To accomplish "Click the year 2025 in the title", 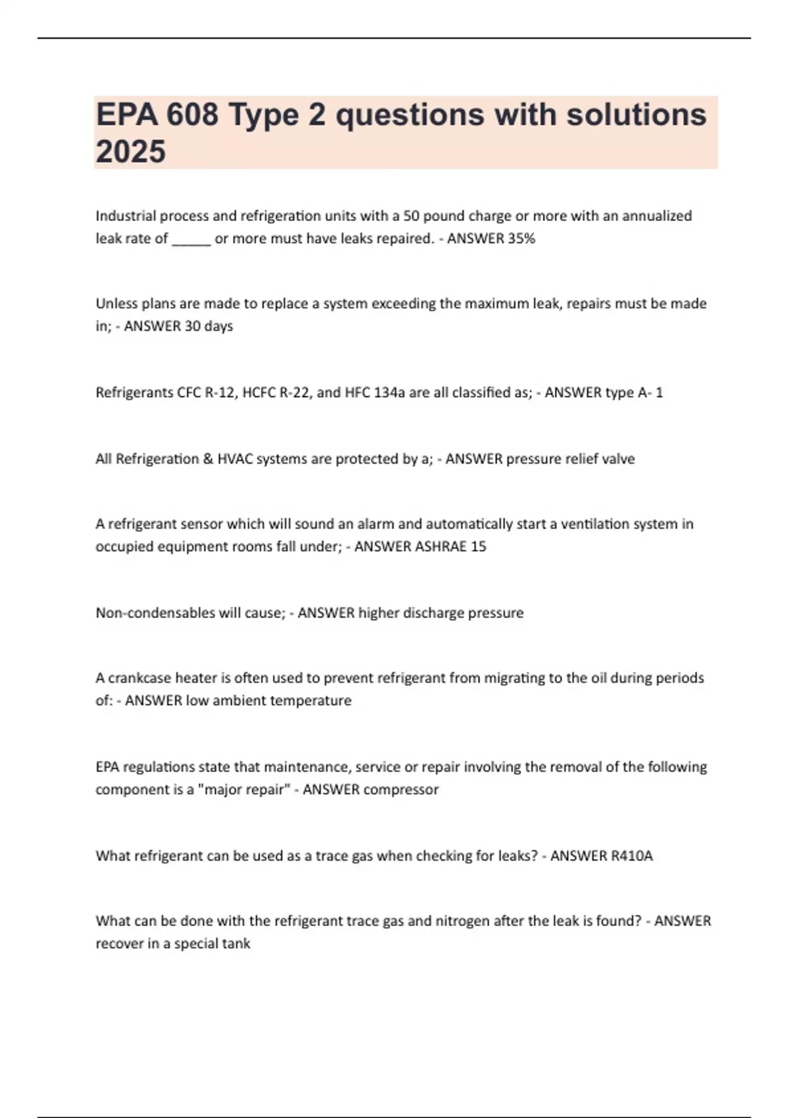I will [x=130, y=151].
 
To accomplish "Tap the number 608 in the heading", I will [x=192, y=115].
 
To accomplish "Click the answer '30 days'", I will [x=208, y=326].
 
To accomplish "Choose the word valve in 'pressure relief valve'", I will [x=618, y=459].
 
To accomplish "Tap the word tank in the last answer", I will [x=236, y=944].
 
